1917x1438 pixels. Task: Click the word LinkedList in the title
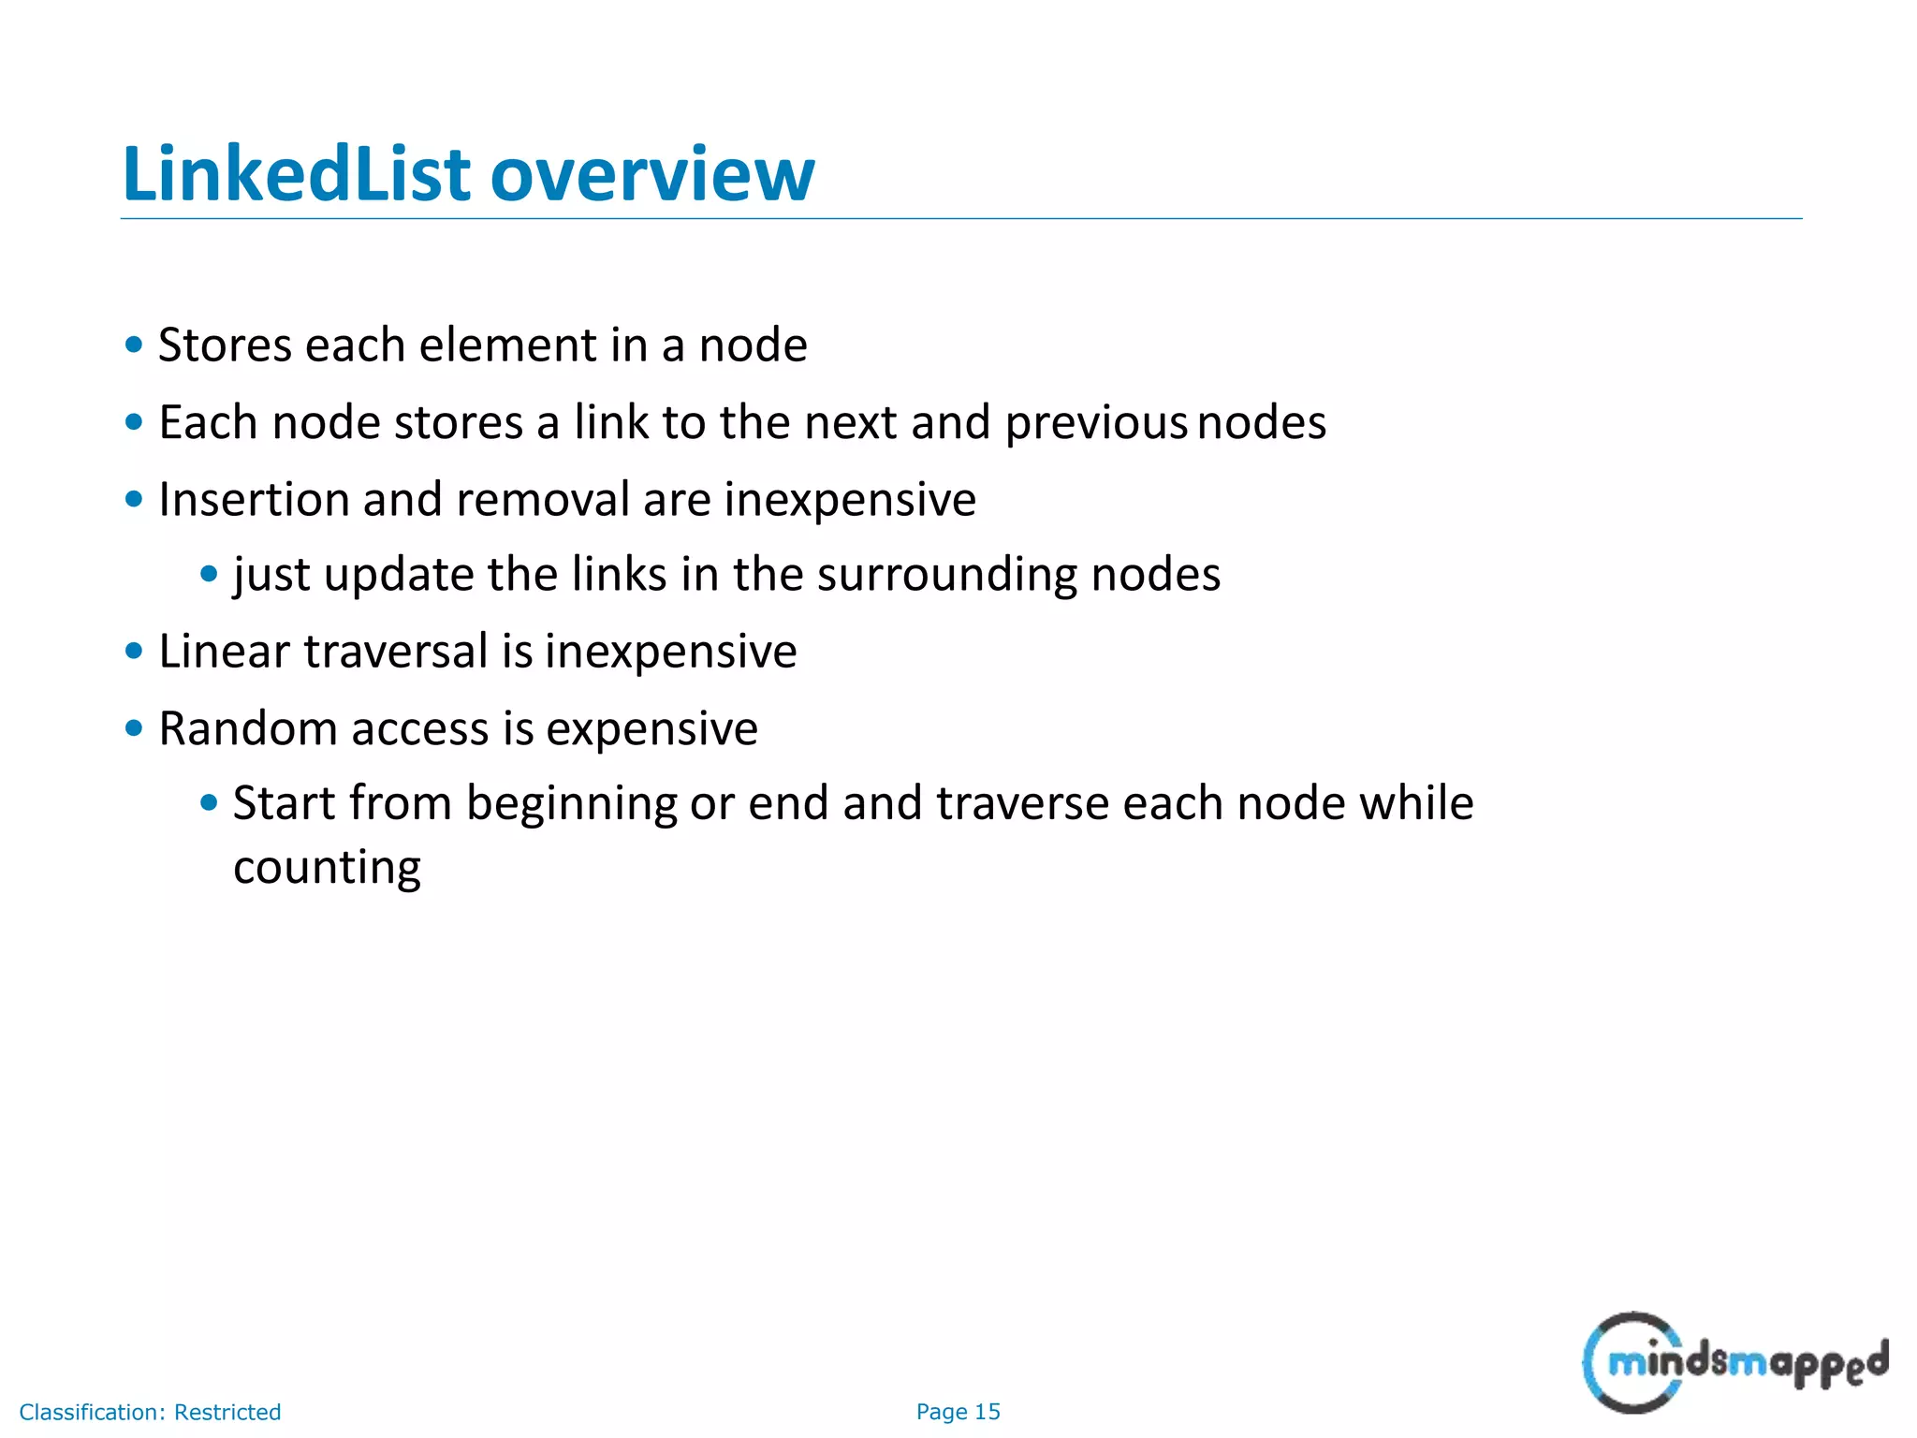[x=297, y=174]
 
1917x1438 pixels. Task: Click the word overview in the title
[x=652, y=174]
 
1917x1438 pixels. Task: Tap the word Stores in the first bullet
[x=225, y=345]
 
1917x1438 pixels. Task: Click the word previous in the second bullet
[x=1095, y=422]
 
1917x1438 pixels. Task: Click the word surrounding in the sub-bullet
[x=946, y=574]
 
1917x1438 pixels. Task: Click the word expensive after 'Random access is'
[x=651, y=729]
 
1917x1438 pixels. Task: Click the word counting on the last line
[x=327, y=867]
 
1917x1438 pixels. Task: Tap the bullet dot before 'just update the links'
[x=209, y=573]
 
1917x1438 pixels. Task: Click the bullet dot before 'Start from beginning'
[x=209, y=802]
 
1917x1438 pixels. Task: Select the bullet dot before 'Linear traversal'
[x=134, y=650]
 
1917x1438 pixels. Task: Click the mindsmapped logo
[x=1734, y=1362]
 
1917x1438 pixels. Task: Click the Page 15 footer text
[x=958, y=1412]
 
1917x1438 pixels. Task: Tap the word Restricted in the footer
[x=227, y=1412]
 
